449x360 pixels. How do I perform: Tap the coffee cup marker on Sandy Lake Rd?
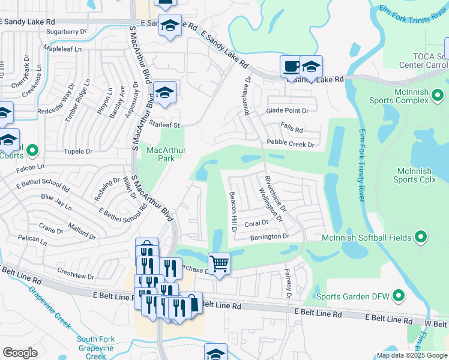(292, 66)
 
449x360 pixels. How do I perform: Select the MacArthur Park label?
(157, 154)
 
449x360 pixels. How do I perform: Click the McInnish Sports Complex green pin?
(438, 95)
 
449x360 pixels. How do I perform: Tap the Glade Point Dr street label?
(287, 111)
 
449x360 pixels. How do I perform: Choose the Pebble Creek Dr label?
(291, 144)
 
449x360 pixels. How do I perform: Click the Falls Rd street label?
(292, 129)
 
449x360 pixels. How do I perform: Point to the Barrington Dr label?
(270, 237)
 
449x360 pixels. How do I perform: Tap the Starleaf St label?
(164, 125)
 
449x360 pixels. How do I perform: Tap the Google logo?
(20, 353)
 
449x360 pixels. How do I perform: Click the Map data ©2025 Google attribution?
(411, 355)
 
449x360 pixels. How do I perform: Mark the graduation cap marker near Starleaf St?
(164, 93)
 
